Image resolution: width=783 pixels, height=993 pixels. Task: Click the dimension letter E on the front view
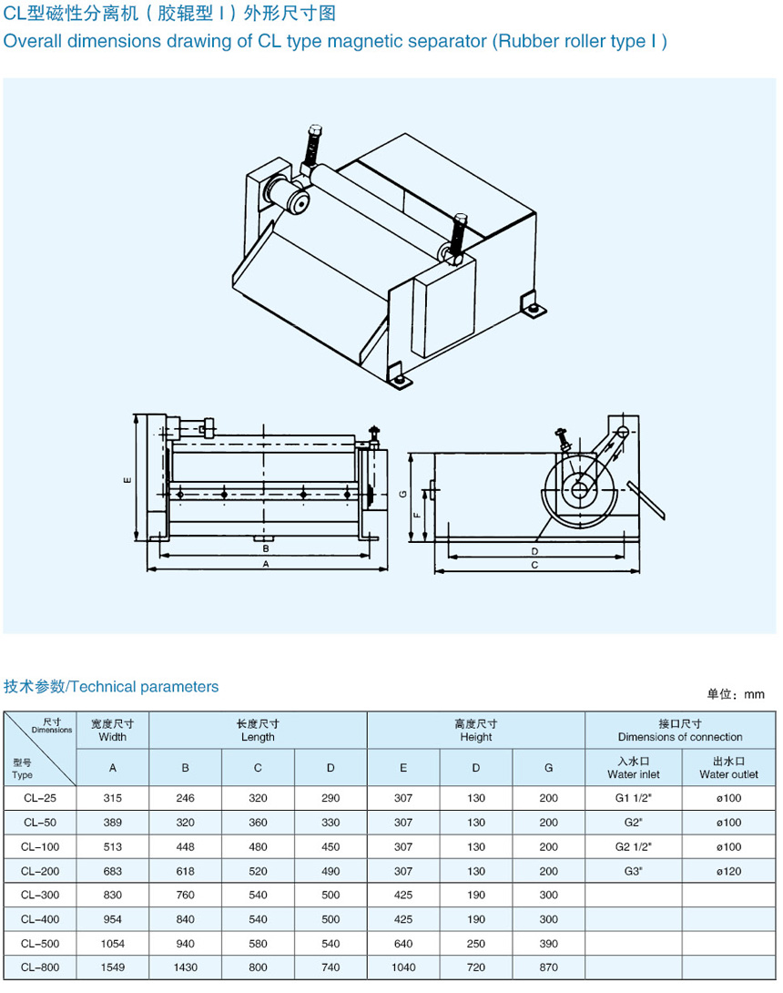[x=128, y=480]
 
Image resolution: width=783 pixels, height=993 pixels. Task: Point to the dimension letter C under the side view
[x=534, y=566]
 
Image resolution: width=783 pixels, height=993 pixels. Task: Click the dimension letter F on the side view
[x=416, y=516]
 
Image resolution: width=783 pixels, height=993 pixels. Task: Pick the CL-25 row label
[x=39, y=798]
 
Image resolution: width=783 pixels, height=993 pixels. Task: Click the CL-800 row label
[x=39, y=967]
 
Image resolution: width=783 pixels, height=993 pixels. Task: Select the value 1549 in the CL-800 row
[x=112, y=967]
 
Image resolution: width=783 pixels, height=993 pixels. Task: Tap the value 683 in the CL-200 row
[x=112, y=871]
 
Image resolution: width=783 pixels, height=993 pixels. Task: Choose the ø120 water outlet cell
[x=728, y=871]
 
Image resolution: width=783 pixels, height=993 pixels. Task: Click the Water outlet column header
[x=728, y=768]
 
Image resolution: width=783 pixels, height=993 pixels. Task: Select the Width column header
[x=113, y=731]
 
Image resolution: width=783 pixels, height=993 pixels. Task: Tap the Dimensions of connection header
[x=680, y=731]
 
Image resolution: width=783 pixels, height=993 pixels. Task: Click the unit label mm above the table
[x=754, y=694]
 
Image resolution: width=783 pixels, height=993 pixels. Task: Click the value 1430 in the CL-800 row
[x=185, y=967]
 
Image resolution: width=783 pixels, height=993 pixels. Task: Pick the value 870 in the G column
[x=548, y=967]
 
